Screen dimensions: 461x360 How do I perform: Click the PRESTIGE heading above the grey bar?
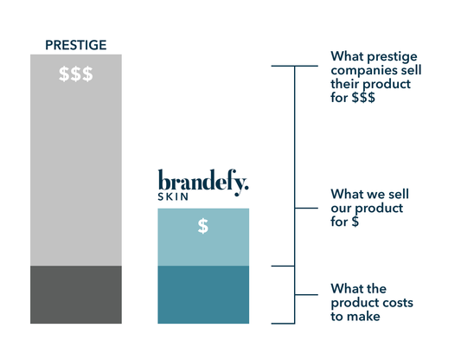pos(76,45)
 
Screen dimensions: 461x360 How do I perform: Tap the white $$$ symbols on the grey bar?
pos(76,74)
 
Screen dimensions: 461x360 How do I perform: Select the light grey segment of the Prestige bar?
pos(76,160)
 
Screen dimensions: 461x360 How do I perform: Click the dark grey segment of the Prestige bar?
pos(76,295)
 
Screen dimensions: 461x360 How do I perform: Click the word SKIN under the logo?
pos(173,196)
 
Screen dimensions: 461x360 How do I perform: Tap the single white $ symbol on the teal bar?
pos(203,226)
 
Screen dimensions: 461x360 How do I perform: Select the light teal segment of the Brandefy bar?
pos(203,237)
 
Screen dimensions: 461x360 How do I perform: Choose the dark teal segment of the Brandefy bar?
pos(203,295)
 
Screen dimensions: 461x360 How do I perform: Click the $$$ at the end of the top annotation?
pos(363,97)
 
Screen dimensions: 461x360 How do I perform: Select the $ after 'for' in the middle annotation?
pos(355,222)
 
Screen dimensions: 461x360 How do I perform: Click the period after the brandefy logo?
pos(247,187)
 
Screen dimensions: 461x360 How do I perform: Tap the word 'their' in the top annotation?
pos(345,84)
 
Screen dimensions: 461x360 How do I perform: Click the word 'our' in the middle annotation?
pos(341,209)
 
